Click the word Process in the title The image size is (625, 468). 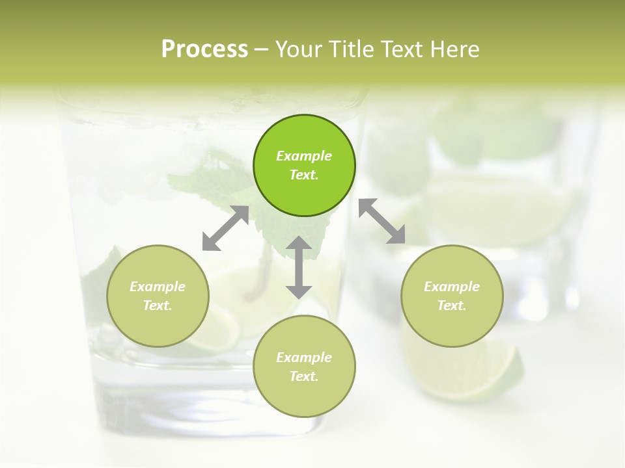[x=204, y=49]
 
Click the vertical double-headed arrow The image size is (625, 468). [x=299, y=267]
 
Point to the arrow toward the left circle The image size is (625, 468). [x=225, y=228]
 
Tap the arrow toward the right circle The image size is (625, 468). [x=382, y=222]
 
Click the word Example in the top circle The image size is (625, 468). [x=304, y=156]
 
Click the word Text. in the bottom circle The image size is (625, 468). [x=304, y=376]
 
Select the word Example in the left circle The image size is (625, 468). [x=158, y=287]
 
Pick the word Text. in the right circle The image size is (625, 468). [x=452, y=305]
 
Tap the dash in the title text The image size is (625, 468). [x=261, y=49]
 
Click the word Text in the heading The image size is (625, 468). [x=401, y=49]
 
